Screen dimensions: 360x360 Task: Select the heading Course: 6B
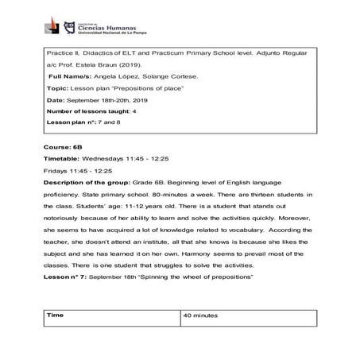point(61,172)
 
